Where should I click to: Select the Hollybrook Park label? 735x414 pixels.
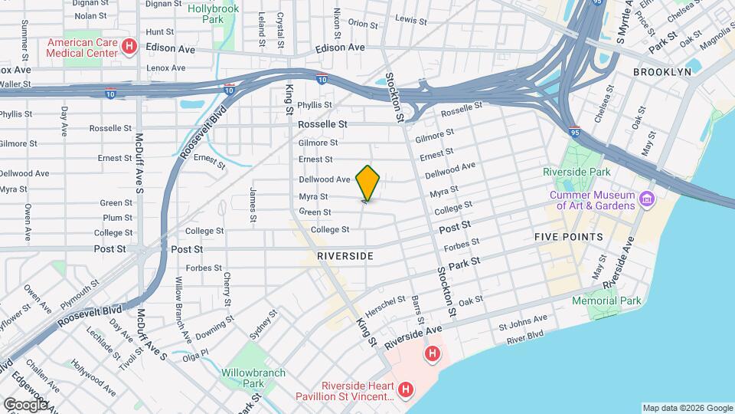pyautogui.click(x=214, y=15)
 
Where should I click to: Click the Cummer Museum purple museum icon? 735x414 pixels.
pyautogui.click(x=647, y=200)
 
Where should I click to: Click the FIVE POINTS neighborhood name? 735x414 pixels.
pyautogui.click(x=569, y=238)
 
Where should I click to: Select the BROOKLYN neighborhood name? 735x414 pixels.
pyautogui.click(x=662, y=71)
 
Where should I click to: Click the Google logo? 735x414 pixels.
pyautogui.click(x=25, y=404)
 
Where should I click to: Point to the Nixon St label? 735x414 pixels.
pyautogui.click(x=336, y=24)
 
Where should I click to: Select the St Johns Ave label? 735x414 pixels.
pyautogui.click(x=523, y=322)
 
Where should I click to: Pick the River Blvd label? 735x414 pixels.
pyautogui.click(x=524, y=337)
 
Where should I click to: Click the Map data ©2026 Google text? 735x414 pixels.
pyautogui.click(x=687, y=408)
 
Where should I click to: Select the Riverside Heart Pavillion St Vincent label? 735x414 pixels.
pyautogui.click(x=345, y=390)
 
